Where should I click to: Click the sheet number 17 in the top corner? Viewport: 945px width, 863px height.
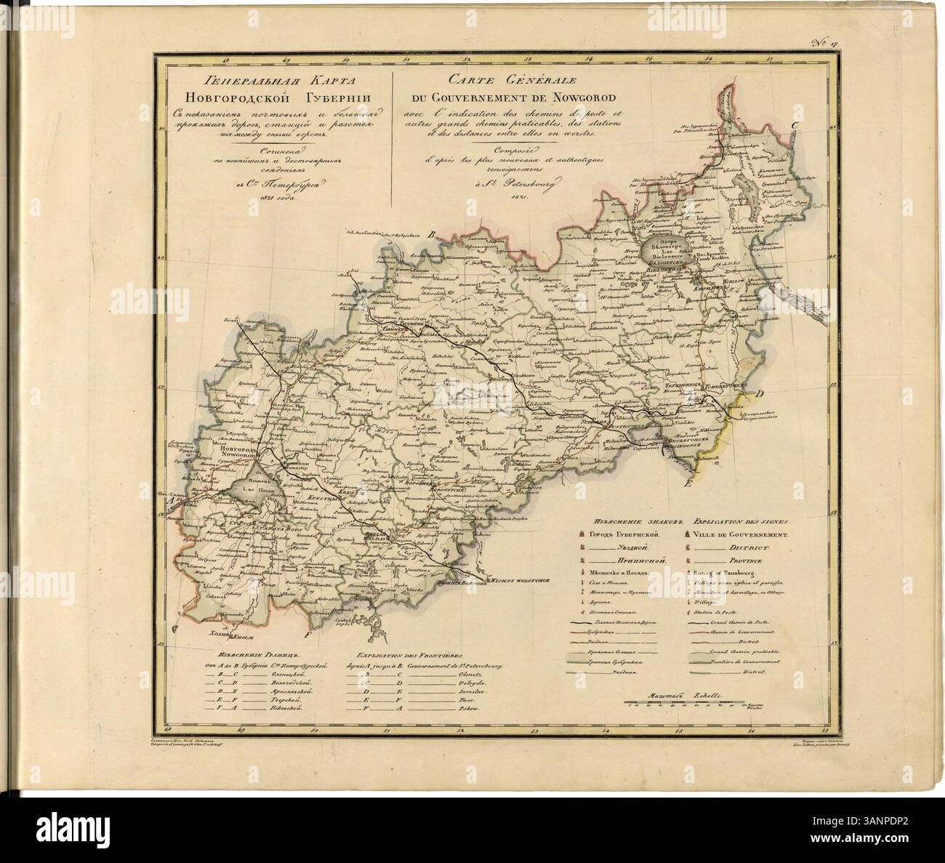point(827,47)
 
